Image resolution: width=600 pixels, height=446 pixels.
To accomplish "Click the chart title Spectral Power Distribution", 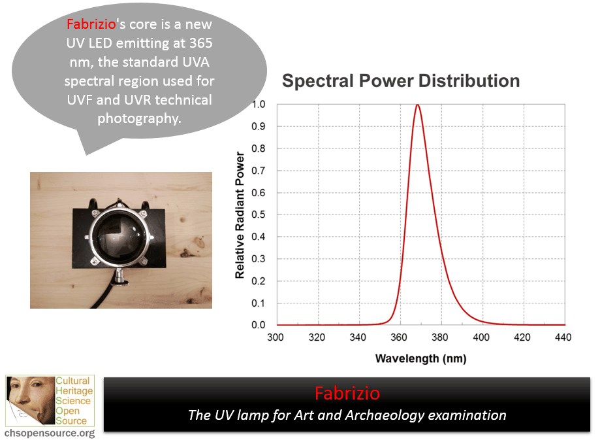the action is tap(401, 81).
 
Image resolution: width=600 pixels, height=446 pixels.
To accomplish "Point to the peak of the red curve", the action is tap(417, 105).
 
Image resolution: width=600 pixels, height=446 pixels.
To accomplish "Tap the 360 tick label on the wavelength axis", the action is tap(399, 337).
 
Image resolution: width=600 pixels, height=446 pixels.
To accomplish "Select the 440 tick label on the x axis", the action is tap(563, 337).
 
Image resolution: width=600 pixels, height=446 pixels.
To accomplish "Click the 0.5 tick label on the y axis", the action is tap(259, 214).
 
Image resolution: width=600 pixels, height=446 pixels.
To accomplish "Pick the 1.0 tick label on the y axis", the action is tap(259, 104).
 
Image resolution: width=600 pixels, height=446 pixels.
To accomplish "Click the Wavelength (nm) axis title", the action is tap(421, 358).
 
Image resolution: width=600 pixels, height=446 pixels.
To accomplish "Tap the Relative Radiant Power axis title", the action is tap(240, 215).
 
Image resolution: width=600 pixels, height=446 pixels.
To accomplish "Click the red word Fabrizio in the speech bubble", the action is tap(91, 24).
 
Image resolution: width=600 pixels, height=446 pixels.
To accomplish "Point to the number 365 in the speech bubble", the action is tap(201, 43).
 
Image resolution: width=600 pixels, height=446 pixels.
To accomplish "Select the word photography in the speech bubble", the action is tap(139, 119).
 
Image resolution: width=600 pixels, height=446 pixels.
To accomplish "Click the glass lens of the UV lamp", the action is tap(120, 235).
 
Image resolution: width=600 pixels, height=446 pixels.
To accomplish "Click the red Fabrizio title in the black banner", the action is tap(347, 394).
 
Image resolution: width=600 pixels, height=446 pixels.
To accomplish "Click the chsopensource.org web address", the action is tap(50, 434).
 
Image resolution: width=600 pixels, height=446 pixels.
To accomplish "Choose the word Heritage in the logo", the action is tap(74, 391).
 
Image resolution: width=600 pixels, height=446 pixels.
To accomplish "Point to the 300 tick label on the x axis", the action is tap(276, 337).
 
